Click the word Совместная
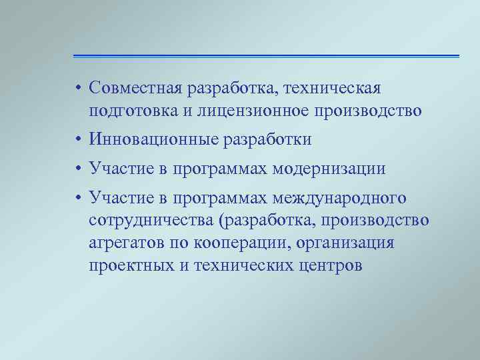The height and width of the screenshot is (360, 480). coord(135,89)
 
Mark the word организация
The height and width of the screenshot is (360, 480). coord(348,243)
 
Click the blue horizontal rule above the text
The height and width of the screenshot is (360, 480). coord(266,55)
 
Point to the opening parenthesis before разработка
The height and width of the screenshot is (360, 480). coord(232,221)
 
